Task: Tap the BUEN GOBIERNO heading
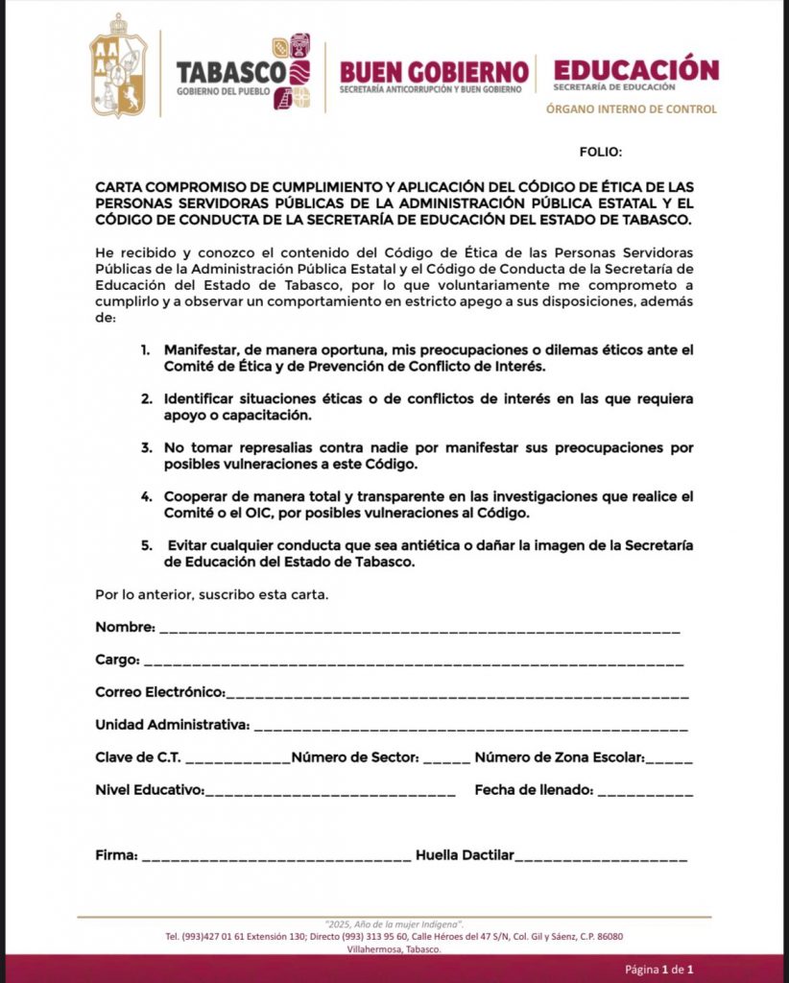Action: [434, 71]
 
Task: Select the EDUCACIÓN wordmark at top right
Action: [635, 69]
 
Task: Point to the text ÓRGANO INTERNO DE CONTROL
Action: [631, 109]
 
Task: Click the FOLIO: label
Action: [601, 152]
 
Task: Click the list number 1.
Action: [145, 348]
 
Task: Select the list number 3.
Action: [146, 448]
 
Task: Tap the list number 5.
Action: [146, 546]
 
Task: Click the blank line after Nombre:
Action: [419, 630]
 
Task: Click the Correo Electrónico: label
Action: [159, 692]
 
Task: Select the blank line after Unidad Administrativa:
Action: [470, 727]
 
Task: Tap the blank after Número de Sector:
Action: [446, 759]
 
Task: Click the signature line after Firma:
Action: [276, 856]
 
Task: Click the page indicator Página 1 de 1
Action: [659, 969]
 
